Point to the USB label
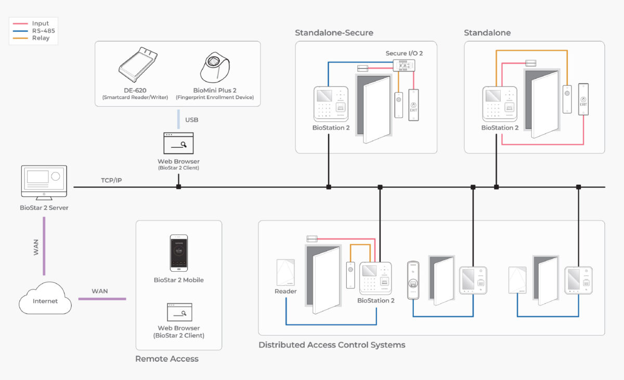[x=191, y=120]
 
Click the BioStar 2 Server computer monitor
[x=44, y=182]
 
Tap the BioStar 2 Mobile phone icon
[x=179, y=253]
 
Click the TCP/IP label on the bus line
[x=111, y=180]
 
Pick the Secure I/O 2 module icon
[x=404, y=65]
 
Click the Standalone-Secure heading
[x=334, y=33]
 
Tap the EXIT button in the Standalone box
[x=583, y=99]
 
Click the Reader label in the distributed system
[x=285, y=291]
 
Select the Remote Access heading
[x=166, y=359]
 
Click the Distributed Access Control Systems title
[x=332, y=345]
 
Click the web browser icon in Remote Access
[x=179, y=312]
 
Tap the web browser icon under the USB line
[x=178, y=143]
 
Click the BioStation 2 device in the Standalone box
[x=500, y=104]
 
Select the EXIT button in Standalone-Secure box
[x=413, y=105]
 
